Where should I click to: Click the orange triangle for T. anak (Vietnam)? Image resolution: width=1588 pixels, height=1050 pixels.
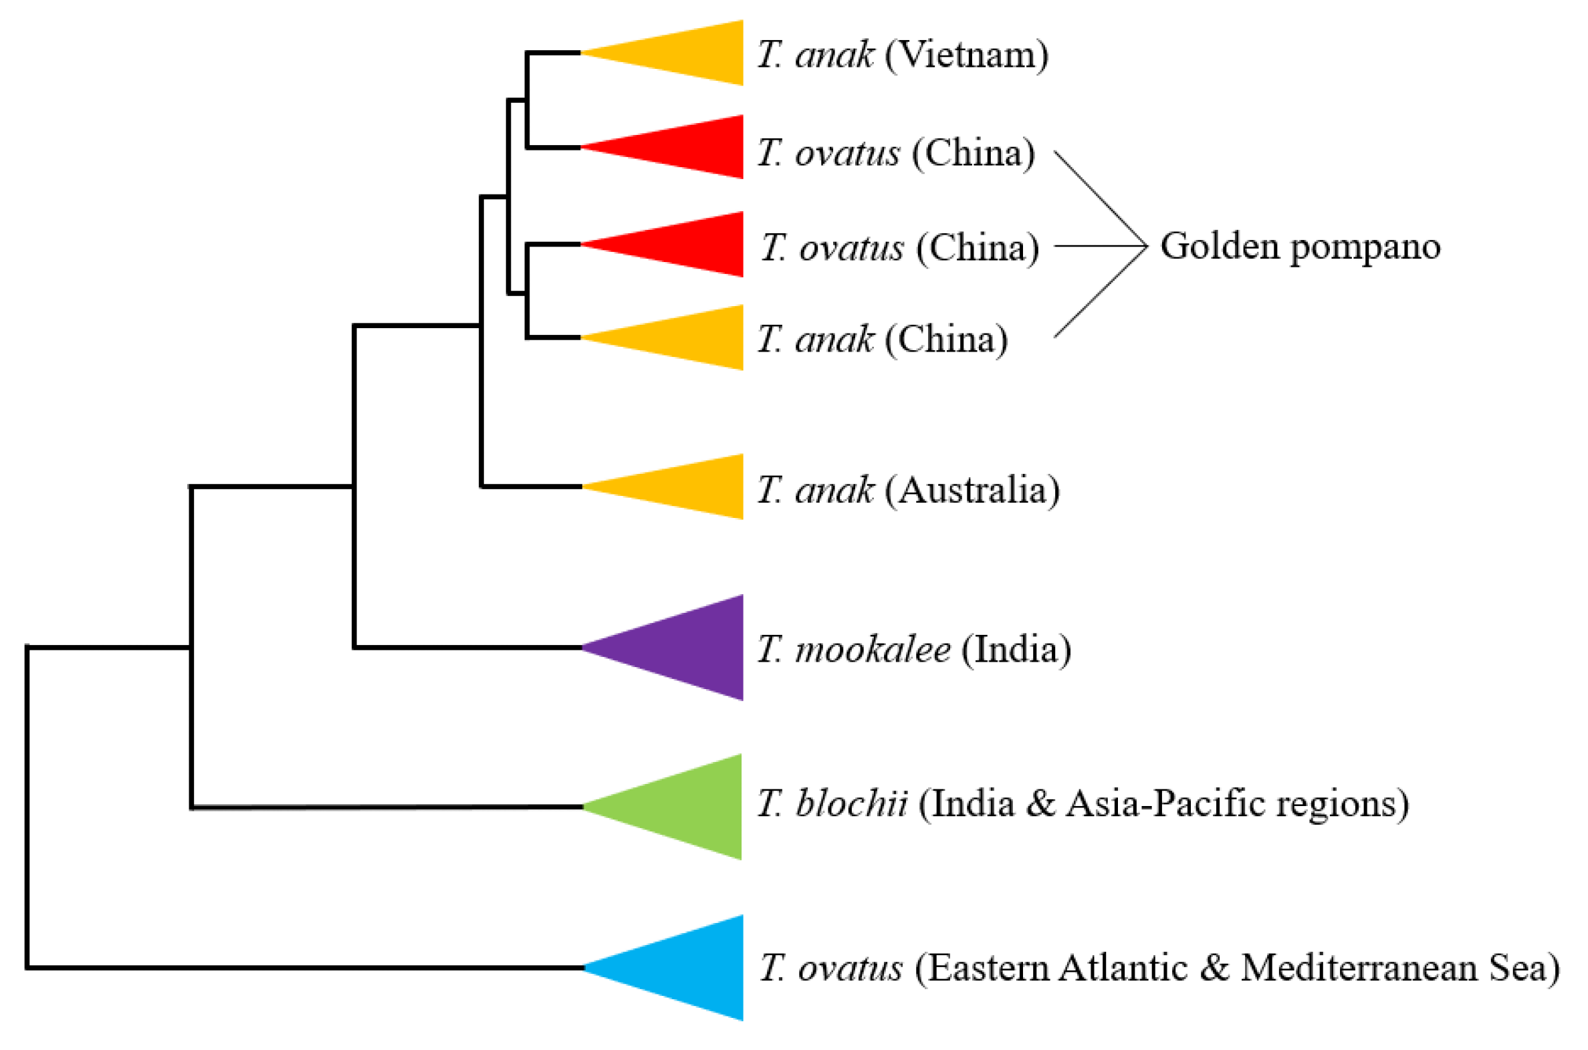pyautogui.click(x=690, y=53)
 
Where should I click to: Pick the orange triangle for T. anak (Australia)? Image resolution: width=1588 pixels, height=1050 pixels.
pyautogui.click(x=690, y=487)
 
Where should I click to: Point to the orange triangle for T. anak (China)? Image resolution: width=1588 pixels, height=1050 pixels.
pyautogui.click(x=690, y=338)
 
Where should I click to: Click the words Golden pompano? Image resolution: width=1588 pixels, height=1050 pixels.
pyautogui.click(x=1300, y=247)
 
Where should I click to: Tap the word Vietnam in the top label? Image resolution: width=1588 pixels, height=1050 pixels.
pyautogui.click(x=966, y=55)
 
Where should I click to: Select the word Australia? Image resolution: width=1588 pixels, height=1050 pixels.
pyautogui.click(x=972, y=490)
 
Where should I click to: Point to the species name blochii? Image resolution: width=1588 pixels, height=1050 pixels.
pyautogui.click(x=851, y=803)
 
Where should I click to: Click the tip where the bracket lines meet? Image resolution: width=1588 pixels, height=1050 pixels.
pyautogui.click(x=1146, y=246)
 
